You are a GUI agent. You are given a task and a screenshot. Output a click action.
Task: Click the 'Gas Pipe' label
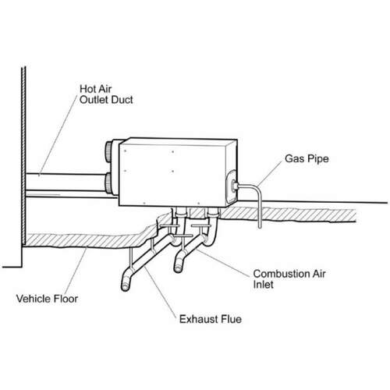tap(307, 158)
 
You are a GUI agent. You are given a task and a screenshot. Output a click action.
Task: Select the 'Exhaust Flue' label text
tap(211, 319)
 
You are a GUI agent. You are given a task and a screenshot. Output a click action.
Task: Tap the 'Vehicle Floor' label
tap(47, 299)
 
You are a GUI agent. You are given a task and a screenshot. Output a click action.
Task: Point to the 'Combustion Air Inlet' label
tap(289, 279)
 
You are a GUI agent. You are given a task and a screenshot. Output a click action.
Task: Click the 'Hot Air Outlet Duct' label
tap(106, 94)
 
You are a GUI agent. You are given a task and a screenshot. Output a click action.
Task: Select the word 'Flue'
tap(231, 319)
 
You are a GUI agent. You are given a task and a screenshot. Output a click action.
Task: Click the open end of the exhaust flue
tap(125, 287)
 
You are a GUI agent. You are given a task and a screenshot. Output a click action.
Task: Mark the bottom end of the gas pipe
tap(260, 227)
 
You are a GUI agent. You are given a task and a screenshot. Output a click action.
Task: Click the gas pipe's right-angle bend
tap(258, 188)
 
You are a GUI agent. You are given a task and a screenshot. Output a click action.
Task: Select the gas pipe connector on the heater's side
tap(233, 186)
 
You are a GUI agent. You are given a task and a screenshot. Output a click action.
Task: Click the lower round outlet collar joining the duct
tap(109, 183)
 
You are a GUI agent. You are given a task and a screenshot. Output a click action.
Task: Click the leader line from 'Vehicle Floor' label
tap(76, 271)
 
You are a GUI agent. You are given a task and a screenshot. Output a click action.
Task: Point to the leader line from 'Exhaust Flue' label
tap(160, 291)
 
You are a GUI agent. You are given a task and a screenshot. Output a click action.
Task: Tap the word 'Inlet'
tap(263, 285)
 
